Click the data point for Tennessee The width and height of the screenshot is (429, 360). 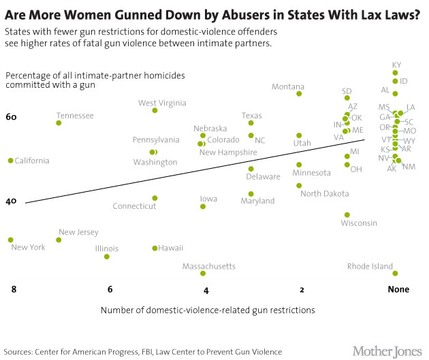(59, 123)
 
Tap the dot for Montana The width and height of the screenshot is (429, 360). (299, 93)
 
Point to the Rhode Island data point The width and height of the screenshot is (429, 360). (395, 274)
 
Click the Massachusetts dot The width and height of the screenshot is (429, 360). (203, 274)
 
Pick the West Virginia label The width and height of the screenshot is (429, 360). (162, 103)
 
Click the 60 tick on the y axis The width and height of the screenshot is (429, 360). (11, 118)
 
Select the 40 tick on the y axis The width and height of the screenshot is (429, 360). (11, 202)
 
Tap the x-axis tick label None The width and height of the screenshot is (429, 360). (398, 289)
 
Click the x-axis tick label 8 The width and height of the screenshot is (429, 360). (13, 289)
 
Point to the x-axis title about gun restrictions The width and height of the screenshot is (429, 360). (208, 310)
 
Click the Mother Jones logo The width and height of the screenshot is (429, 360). (386, 350)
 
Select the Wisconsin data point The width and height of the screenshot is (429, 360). (347, 215)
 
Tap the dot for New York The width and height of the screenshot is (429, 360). (10, 240)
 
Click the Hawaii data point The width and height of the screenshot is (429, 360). (155, 248)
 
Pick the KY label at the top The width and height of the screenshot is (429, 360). (396, 65)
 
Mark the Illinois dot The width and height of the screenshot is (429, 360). (107, 257)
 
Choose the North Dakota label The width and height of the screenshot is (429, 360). (324, 194)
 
